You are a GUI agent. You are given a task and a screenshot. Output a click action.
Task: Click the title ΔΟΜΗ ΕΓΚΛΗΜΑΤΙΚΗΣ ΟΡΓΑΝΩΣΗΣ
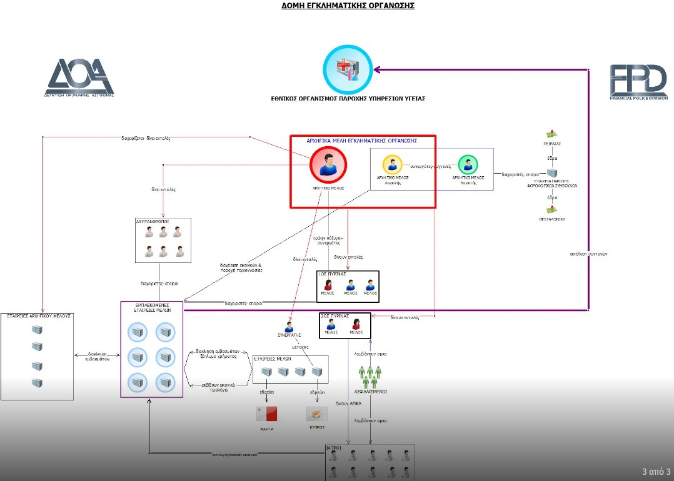[x=348, y=6]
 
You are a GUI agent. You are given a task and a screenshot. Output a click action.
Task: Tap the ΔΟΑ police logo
[x=79, y=78]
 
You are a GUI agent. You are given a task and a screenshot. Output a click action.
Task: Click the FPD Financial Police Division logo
[x=638, y=81]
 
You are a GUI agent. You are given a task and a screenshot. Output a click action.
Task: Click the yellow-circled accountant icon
[x=392, y=165]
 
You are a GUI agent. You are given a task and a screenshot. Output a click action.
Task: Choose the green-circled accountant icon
[x=468, y=165]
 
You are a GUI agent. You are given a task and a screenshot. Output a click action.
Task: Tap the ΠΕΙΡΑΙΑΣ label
[x=551, y=144]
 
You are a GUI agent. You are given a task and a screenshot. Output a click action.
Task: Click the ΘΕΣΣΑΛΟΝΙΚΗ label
[x=551, y=220]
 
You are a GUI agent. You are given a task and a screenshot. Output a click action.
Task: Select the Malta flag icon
[x=266, y=414]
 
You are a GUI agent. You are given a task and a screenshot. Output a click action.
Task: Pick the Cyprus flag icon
[x=316, y=414]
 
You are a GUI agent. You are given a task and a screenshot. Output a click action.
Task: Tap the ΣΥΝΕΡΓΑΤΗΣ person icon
[x=289, y=327]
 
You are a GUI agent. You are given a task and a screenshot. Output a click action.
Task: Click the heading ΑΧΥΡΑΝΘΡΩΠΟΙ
[x=153, y=222]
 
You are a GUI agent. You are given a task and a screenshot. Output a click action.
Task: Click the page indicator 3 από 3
[x=656, y=471]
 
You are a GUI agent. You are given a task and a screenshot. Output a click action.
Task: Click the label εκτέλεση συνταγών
[x=589, y=254]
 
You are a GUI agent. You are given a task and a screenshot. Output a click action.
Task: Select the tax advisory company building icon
[x=551, y=173]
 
